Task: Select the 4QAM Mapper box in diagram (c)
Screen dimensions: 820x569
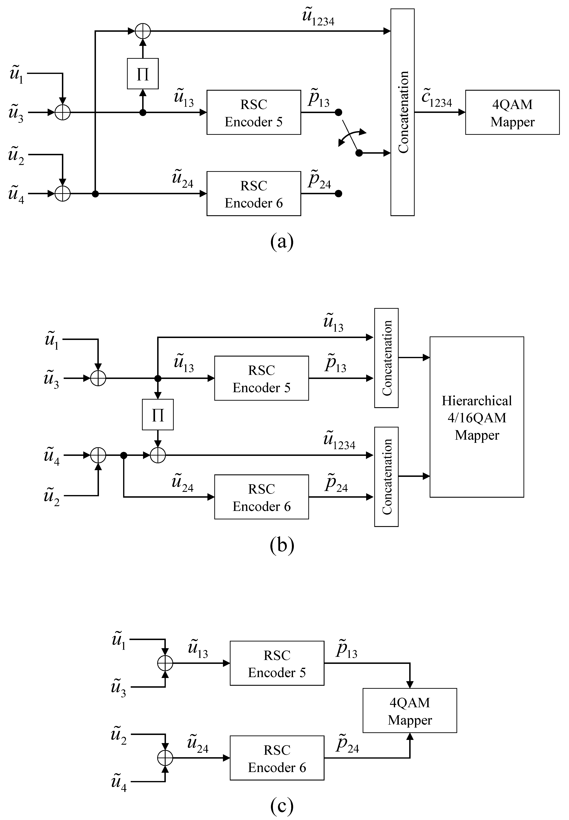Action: click(410, 711)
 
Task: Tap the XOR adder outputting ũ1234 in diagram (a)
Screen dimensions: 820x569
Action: click(143, 31)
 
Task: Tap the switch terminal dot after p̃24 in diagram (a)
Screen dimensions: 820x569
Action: click(339, 194)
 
